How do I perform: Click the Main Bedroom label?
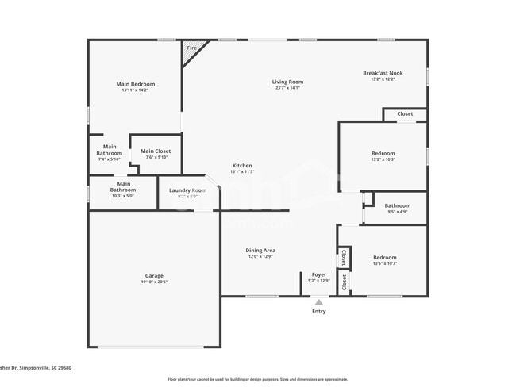(x=135, y=84)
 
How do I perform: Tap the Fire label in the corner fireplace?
(x=191, y=48)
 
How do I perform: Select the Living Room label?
(x=287, y=82)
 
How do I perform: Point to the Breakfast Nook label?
(x=383, y=73)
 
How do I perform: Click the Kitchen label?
(x=242, y=165)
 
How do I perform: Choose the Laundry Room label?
(x=187, y=190)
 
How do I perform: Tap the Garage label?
(x=154, y=276)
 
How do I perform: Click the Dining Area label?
(x=260, y=251)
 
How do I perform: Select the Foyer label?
(x=318, y=274)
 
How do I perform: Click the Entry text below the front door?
(x=318, y=311)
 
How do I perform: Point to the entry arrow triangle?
(x=318, y=301)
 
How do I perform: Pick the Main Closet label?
(x=156, y=151)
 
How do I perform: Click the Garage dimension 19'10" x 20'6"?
(x=154, y=282)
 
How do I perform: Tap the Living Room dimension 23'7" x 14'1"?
(x=287, y=88)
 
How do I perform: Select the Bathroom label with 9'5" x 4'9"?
(x=397, y=206)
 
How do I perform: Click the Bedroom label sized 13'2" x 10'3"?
(x=383, y=153)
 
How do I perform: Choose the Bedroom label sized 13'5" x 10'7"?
(x=385, y=257)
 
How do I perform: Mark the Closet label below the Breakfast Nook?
(x=405, y=113)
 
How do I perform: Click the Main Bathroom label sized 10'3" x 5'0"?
(x=122, y=187)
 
